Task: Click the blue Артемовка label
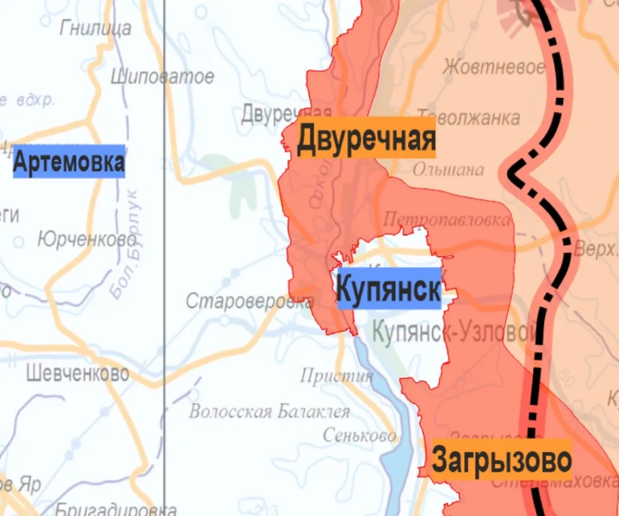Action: tap(69, 162)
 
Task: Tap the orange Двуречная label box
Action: tap(366, 138)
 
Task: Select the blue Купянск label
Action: tap(388, 289)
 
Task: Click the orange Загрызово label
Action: tap(502, 460)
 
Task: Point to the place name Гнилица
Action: tap(96, 28)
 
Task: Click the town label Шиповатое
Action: tap(163, 77)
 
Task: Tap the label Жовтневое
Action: tap(494, 67)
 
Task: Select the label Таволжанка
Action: tap(468, 117)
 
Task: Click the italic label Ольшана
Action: tap(448, 170)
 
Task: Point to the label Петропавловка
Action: tap(446, 218)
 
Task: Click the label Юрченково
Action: tap(86, 240)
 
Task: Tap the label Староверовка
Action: tap(249, 301)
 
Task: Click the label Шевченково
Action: tap(77, 373)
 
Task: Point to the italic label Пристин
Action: tap(337, 376)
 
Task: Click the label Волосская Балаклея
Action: tap(269, 412)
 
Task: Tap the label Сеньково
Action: tap(360, 435)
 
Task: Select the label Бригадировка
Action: tap(116, 509)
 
